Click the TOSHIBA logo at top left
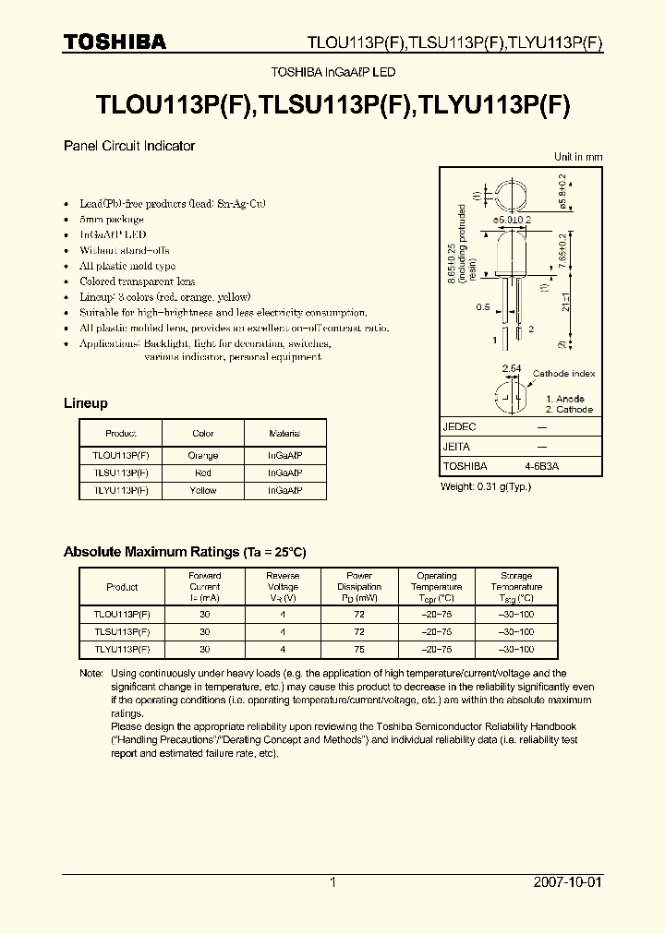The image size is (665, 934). coord(115,42)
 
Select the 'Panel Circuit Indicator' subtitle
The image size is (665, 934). coord(128,146)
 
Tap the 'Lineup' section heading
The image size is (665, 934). coord(85,403)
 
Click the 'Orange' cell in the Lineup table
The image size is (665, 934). coord(203,456)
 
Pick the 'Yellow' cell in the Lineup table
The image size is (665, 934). coord(203,491)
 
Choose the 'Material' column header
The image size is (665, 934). coord(284,433)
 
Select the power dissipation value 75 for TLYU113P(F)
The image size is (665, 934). coord(359,649)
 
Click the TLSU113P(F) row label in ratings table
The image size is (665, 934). coord(122,632)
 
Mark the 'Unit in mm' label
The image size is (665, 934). coord(578,157)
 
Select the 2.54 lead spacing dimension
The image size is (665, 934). coord(510,368)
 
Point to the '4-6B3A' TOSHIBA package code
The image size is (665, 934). coord(541,467)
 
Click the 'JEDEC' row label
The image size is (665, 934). coord(459,427)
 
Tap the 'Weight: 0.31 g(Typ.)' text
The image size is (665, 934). coord(485,486)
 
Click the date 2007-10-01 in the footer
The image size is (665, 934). coord(567,882)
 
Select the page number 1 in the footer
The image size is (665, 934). coord(332,882)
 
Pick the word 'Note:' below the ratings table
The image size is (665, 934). coord(91,674)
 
